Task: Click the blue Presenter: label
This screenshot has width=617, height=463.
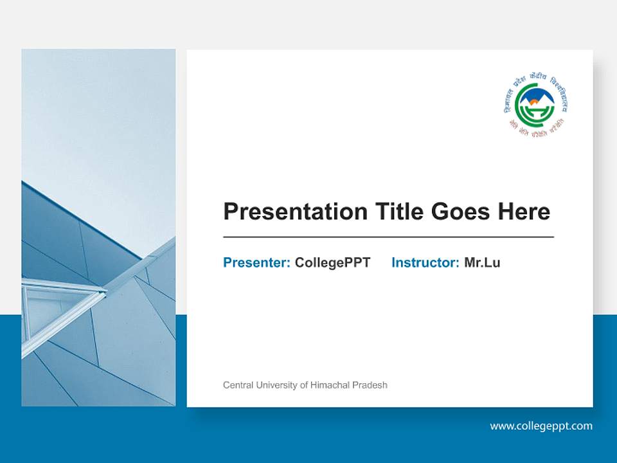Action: point(256,262)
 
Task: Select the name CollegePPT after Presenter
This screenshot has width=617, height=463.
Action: point(332,262)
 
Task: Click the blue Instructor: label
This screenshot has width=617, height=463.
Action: point(425,262)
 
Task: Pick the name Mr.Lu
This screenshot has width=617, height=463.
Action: point(482,262)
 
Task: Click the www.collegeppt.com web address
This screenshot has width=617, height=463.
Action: point(541,426)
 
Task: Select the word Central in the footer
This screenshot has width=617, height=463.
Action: point(237,385)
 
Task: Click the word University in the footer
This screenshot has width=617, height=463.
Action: point(275,385)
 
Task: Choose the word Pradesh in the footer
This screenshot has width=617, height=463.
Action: point(370,385)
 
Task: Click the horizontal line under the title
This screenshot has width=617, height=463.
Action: point(388,237)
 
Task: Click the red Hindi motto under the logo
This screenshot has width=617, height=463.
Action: point(535,126)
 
